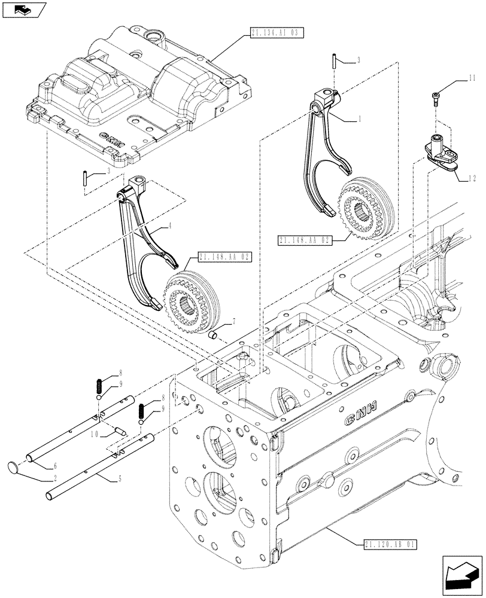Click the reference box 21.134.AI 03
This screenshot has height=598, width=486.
click(274, 30)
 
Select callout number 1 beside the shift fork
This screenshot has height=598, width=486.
click(359, 118)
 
